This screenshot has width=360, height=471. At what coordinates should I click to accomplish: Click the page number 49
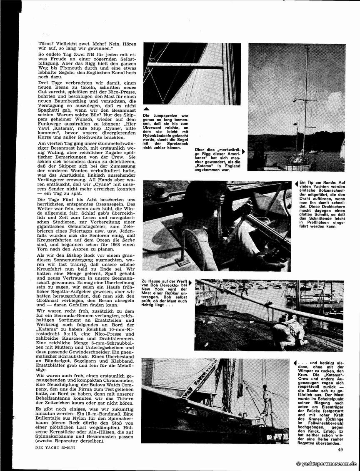tap(340, 449)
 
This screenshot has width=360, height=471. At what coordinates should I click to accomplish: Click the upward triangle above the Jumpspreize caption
tap(146, 108)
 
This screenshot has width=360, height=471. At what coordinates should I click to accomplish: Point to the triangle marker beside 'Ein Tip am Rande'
tap(295, 183)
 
